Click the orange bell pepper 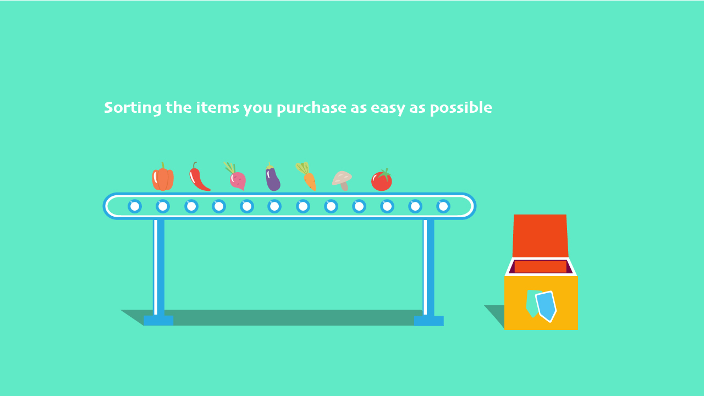(x=163, y=178)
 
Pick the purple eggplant (x=272, y=179)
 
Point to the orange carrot (x=309, y=181)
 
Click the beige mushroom (x=342, y=179)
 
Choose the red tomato (x=382, y=181)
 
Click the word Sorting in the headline (x=133, y=108)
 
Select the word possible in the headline (x=461, y=108)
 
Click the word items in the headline (x=217, y=107)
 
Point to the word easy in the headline (x=388, y=109)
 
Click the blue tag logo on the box (x=546, y=306)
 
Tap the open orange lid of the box (x=540, y=236)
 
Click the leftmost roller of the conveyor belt (x=135, y=206)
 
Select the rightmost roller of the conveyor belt (x=443, y=206)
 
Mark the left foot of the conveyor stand (x=158, y=321)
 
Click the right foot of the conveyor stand (x=428, y=321)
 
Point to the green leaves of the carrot (x=302, y=168)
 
